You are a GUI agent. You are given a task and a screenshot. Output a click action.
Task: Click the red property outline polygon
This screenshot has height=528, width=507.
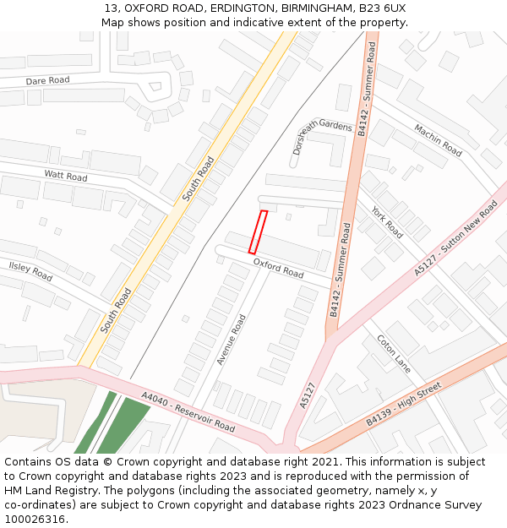[259, 232]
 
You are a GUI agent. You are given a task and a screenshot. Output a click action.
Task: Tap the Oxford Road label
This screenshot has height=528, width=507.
[278, 268]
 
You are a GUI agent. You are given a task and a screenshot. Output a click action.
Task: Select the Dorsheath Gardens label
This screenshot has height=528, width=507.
[322, 136]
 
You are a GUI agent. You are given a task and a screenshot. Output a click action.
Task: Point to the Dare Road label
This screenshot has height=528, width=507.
[47, 79]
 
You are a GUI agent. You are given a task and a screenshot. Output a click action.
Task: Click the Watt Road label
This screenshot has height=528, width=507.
[66, 176]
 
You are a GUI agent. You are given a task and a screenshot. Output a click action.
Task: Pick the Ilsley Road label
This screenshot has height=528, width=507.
[30, 271]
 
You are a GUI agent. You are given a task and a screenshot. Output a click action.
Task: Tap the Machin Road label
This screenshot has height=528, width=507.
[438, 139]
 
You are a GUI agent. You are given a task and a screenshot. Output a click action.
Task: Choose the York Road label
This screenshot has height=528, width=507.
[387, 221]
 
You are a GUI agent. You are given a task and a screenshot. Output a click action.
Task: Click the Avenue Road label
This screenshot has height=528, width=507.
[231, 340]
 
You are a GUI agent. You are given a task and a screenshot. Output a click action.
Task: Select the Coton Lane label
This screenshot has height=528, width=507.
[394, 354]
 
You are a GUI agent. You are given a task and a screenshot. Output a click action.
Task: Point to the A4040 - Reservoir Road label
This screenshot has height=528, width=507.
[188, 411]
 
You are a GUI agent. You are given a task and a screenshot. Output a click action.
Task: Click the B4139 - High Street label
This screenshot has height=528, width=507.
[404, 404]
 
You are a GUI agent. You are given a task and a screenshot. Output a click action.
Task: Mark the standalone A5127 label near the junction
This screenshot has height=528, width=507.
[308, 395]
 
